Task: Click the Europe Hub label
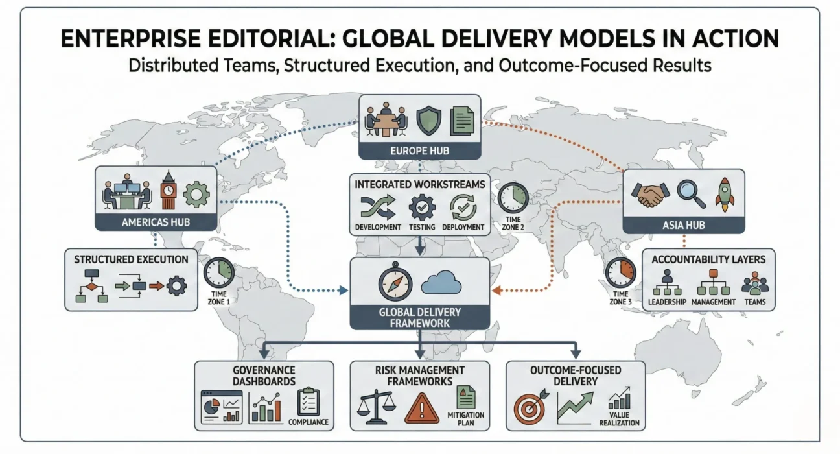[x=420, y=150]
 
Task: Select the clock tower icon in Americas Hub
[x=169, y=191]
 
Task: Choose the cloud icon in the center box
[x=441, y=283]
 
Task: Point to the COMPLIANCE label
[x=308, y=422]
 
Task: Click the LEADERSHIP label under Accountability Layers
[x=666, y=302]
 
